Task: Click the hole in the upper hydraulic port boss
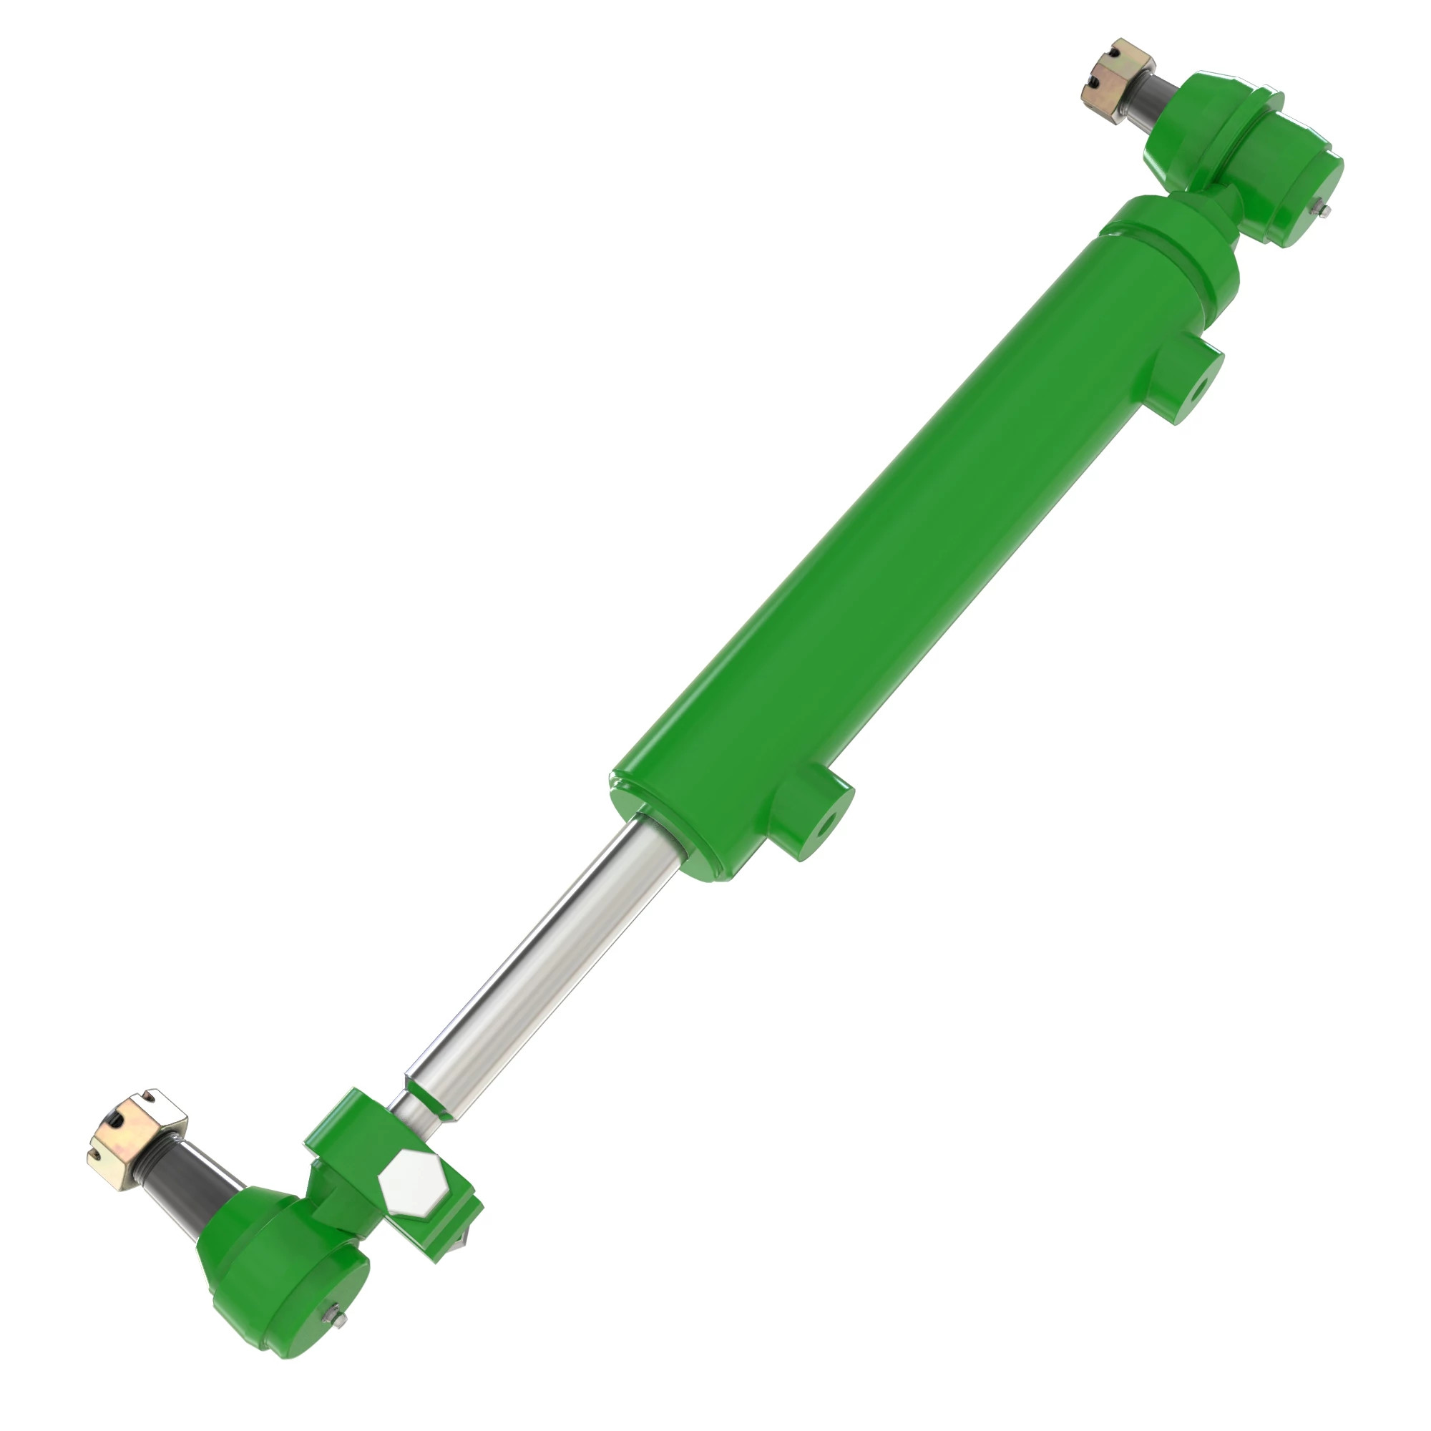click(1195, 391)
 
